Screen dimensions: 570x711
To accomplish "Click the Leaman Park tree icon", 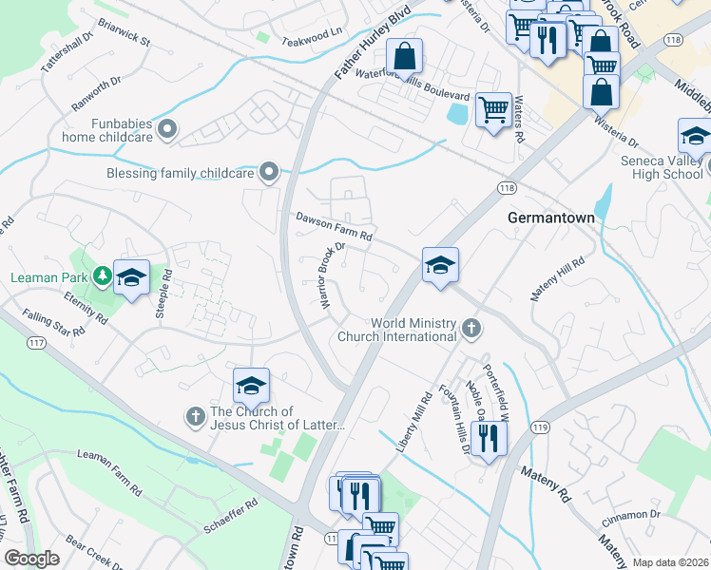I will tap(102, 276).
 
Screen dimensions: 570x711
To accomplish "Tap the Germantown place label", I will tap(550, 218).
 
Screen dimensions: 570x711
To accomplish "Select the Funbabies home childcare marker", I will tap(168, 129).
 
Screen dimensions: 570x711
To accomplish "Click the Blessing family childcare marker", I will tap(269, 173).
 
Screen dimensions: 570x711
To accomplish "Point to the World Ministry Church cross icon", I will tap(471, 329).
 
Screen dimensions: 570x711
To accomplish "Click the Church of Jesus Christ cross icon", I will tap(195, 416).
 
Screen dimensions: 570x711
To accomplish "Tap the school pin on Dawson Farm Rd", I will tap(440, 266).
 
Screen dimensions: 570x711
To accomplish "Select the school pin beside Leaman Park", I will tap(131, 277).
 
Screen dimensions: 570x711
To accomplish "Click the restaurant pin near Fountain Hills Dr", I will tap(489, 438).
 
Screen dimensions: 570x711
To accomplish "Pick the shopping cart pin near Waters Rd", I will tap(493, 110).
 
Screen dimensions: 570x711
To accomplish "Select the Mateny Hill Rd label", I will tap(557, 279).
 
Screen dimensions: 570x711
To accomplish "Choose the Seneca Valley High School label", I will tap(662, 167).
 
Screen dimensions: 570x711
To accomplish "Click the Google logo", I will tap(31, 558).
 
